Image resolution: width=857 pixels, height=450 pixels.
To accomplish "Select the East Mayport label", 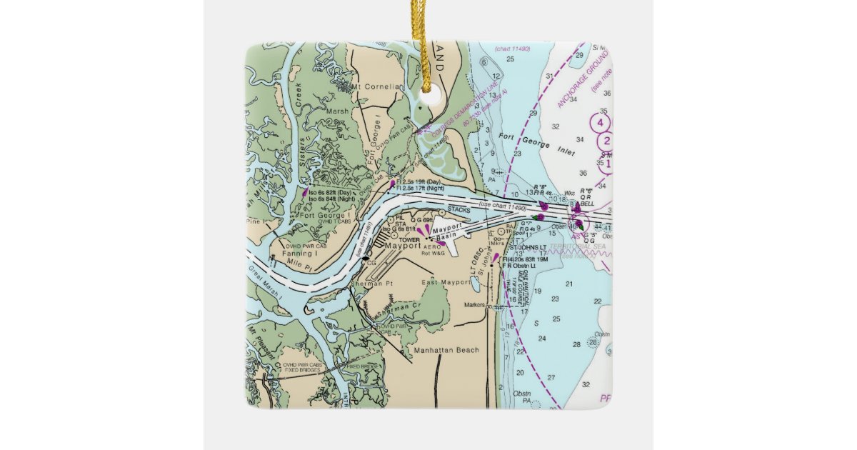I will tap(443, 283).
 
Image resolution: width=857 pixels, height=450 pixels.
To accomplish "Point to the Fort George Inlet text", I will tap(525, 140).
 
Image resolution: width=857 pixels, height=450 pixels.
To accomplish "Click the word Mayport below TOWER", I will tap(403, 246).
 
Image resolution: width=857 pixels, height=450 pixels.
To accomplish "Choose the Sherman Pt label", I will tap(369, 284).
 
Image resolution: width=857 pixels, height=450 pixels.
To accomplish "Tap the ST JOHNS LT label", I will tap(532, 248).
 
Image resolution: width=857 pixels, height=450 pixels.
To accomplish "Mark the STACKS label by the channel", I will tap(458, 210).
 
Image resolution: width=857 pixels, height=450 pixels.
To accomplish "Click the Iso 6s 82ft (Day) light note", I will tap(330, 193).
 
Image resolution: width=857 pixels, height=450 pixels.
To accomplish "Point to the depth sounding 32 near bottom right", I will tap(586, 384).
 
